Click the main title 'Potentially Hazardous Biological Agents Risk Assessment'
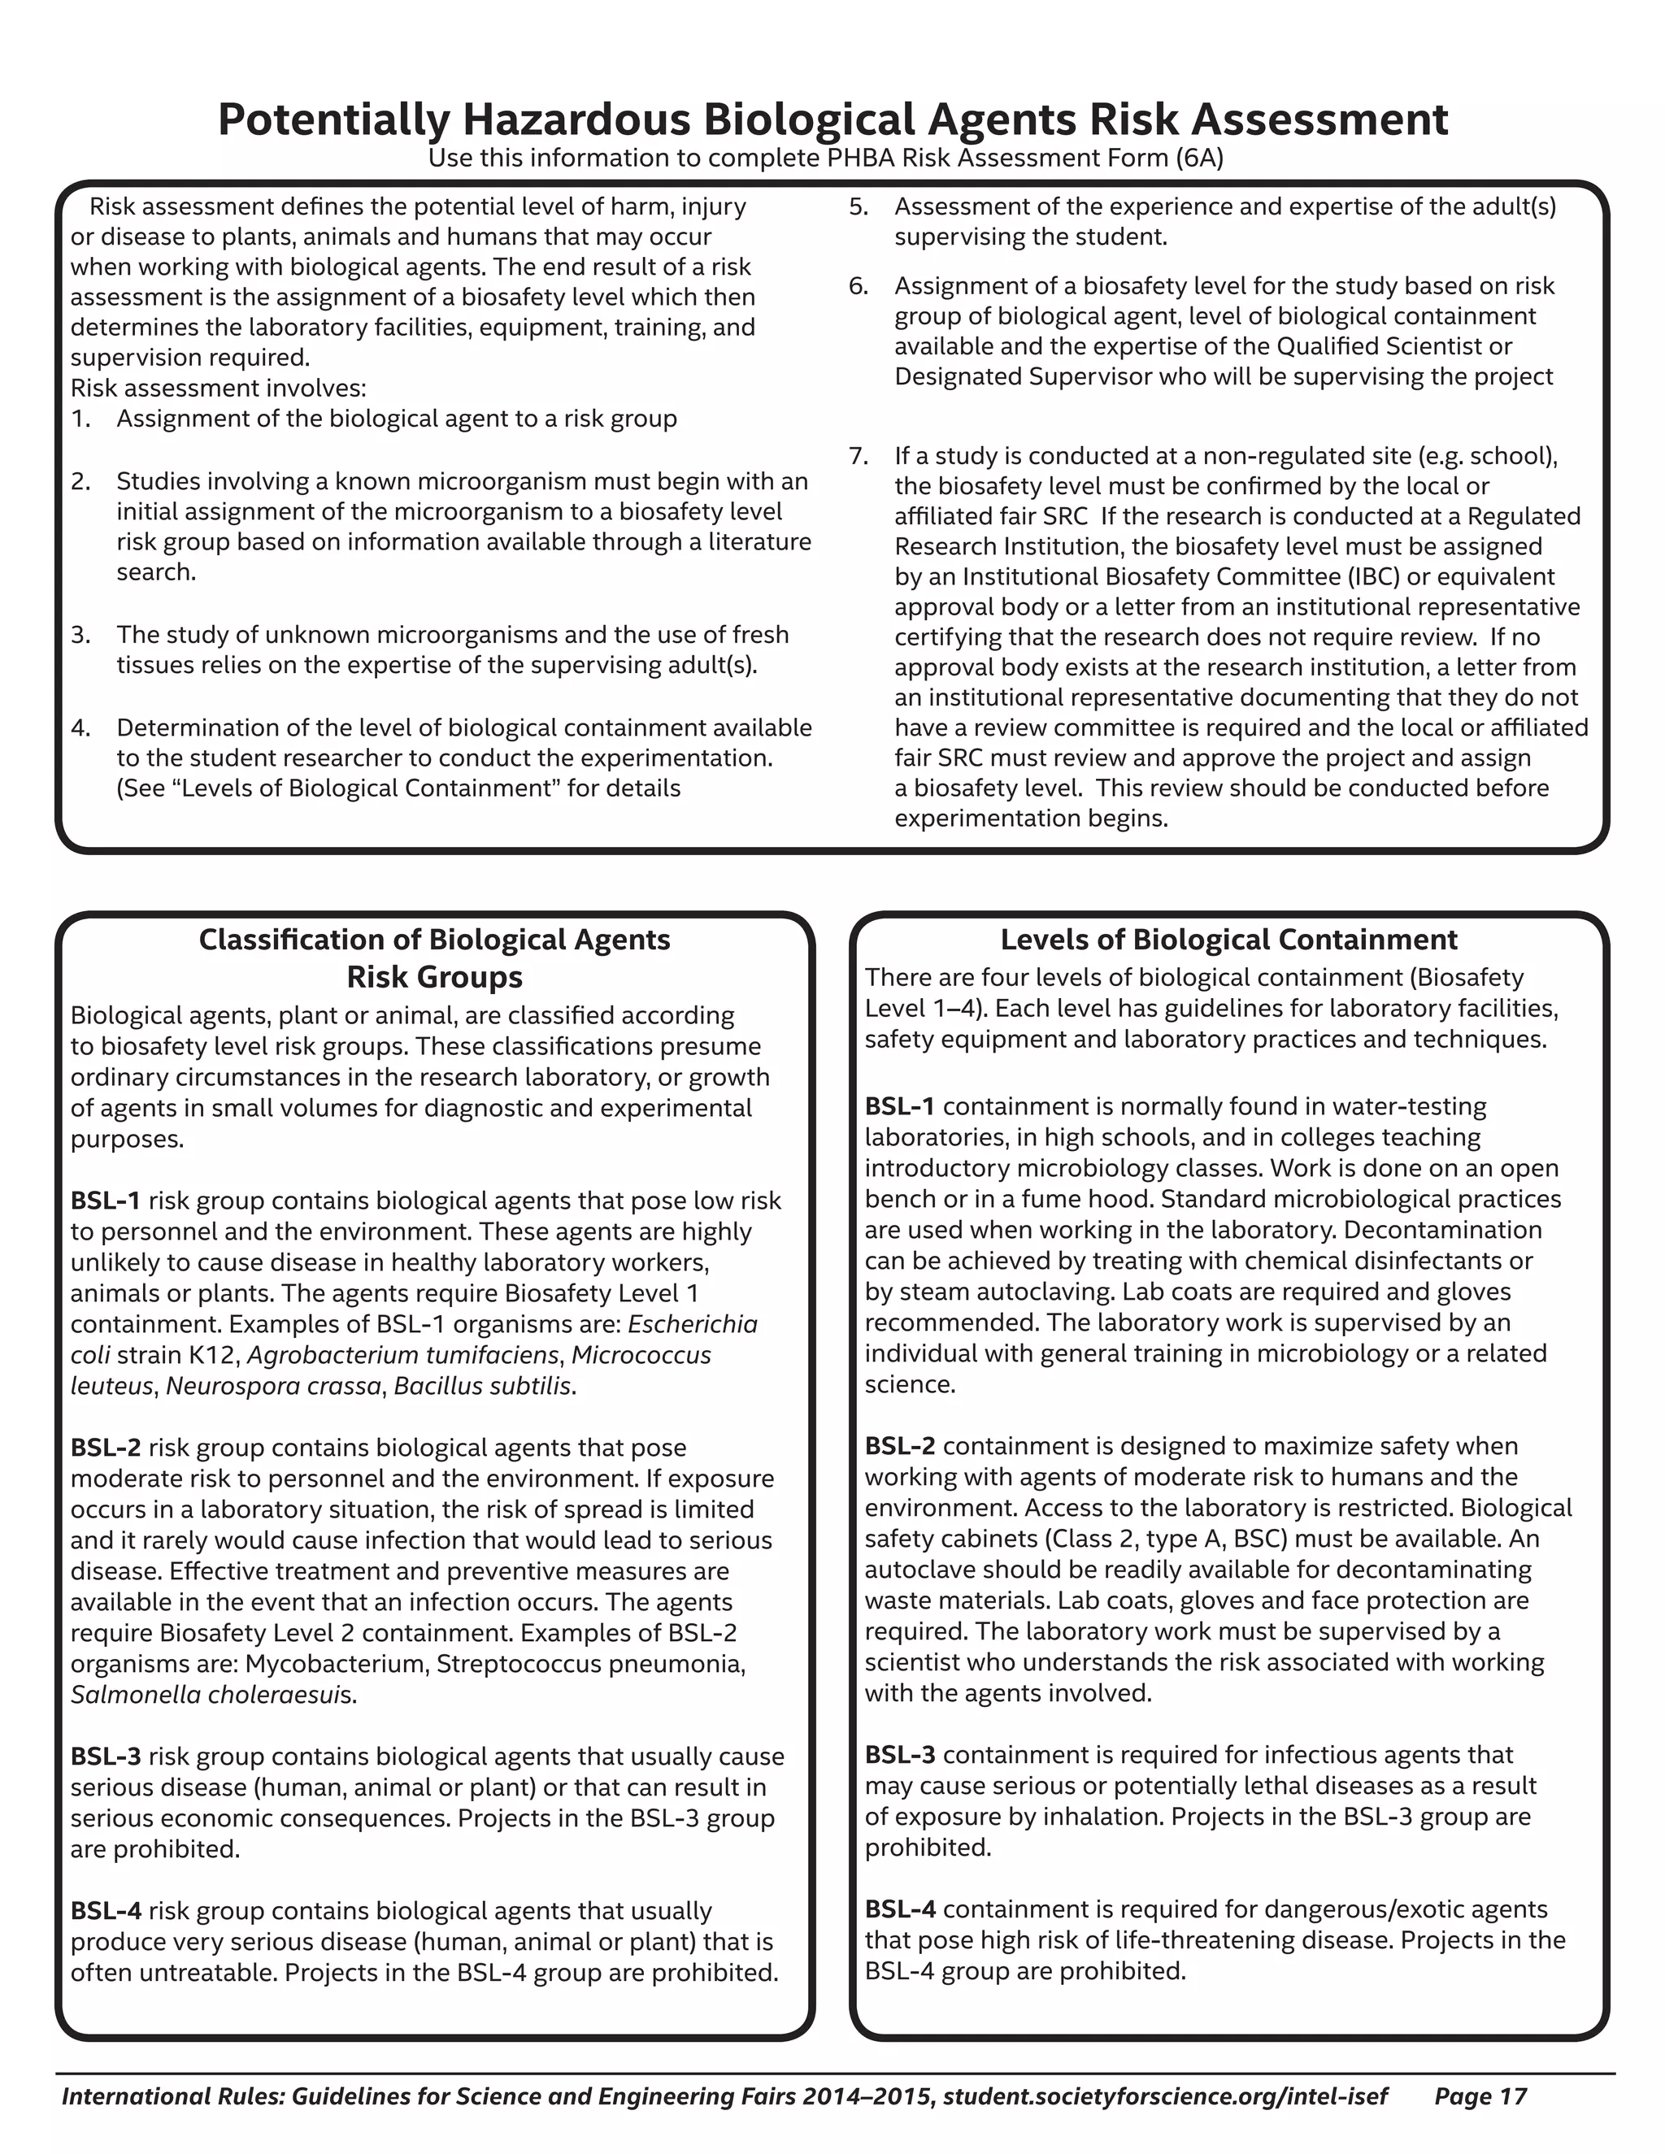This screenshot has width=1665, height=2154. pyautogui.click(x=832, y=119)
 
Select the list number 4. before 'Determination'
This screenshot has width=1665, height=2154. pyautogui.click(x=80, y=727)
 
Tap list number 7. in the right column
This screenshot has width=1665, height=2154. pyautogui.click(x=859, y=456)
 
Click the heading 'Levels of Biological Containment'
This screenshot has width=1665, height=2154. pyautogui.click(x=1228, y=939)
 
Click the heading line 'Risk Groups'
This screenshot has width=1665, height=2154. pyautogui.click(x=434, y=977)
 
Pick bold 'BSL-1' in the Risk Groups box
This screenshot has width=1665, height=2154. pyautogui.click(x=106, y=1201)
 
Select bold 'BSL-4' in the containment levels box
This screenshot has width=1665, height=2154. pyautogui.click(x=900, y=1909)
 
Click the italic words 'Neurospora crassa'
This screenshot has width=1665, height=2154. pyautogui.click(x=273, y=1386)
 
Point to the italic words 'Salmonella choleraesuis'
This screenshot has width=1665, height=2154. pyautogui.click(x=213, y=1695)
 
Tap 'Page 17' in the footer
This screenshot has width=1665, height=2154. pyautogui.click(x=1480, y=2095)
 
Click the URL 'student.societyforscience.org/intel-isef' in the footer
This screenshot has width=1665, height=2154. pyautogui.click(x=1165, y=2095)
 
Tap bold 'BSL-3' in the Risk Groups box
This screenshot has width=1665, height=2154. pyautogui.click(x=106, y=1757)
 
